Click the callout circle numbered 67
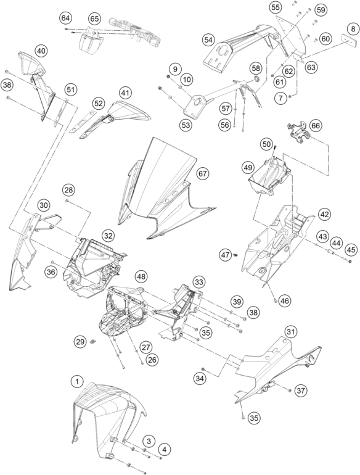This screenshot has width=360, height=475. pos(203,173)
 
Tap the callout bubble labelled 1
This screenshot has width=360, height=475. pos(77,382)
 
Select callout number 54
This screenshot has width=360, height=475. pos(208,39)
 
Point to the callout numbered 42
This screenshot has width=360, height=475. pos(324,215)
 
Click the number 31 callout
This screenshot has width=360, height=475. pos(291,332)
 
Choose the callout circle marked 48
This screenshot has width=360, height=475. pos(141,276)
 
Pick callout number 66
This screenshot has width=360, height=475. pos(315,126)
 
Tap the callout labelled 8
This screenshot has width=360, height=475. pos(353,30)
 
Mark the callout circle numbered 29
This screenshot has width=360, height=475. pos(80,342)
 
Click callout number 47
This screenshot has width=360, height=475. pos(225,255)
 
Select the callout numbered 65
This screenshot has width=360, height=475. pos(94,19)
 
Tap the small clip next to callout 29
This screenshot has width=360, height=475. pos(93,342)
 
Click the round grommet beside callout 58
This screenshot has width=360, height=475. pos(256,80)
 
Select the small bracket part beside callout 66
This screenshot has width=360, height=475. pos(298,132)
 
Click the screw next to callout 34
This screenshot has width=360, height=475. pos(203,369)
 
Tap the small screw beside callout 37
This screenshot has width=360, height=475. pos(290,390)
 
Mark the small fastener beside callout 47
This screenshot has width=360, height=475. pos(236,255)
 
